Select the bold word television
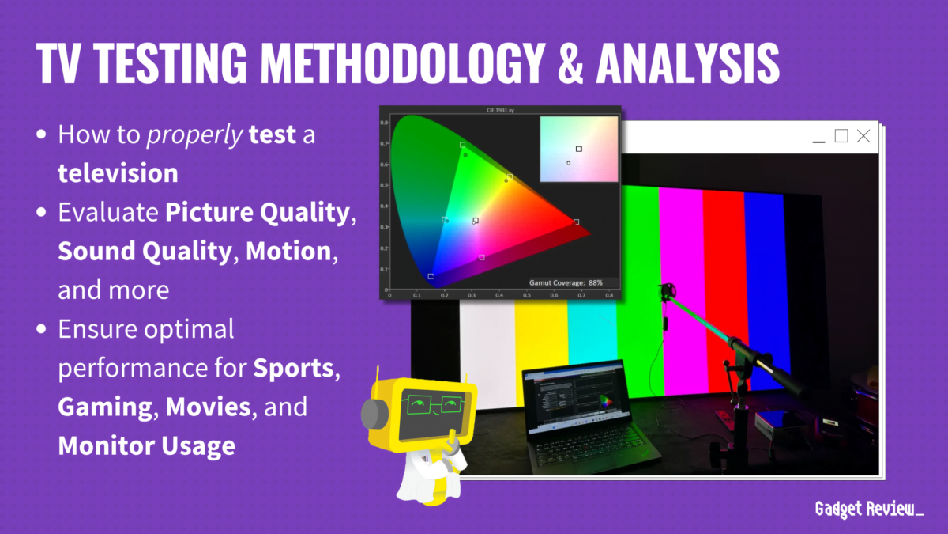point(118,172)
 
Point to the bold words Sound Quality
point(143,252)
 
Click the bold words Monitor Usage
point(146,445)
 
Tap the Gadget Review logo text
point(868,509)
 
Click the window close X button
point(863,136)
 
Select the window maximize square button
point(841,136)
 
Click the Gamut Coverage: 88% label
point(566,282)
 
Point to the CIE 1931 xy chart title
point(502,110)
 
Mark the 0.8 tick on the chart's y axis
point(384,123)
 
